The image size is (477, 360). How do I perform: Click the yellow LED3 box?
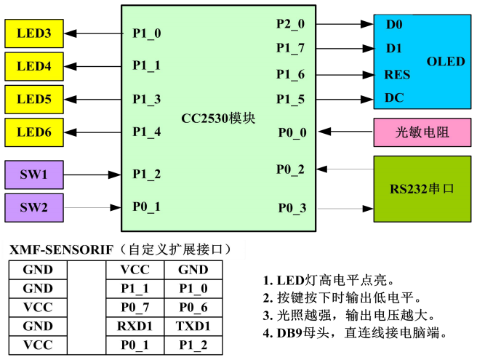point(34,33)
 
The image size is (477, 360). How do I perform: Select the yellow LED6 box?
point(34,132)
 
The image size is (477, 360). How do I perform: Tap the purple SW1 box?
point(34,175)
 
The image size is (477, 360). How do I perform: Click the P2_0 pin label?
point(290,24)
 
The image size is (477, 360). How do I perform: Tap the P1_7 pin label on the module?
point(290,49)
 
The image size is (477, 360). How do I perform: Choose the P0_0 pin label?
point(292,132)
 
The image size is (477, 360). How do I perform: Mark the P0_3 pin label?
point(292,209)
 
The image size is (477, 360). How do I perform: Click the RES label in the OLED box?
point(397,75)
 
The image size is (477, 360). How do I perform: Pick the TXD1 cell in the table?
point(193,326)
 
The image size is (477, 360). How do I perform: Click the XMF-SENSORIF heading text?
point(61,250)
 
